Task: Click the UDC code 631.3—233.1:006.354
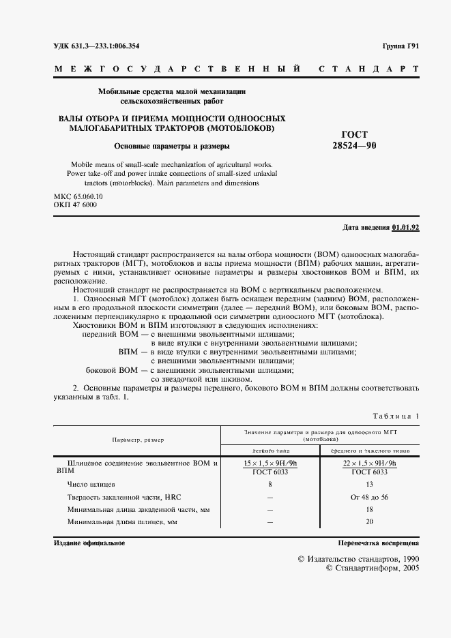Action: click(x=97, y=46)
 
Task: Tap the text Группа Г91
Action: click(x=401, y=46)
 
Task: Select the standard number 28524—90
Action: click(x=354, y=146)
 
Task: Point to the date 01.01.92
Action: click(x=406, y=227)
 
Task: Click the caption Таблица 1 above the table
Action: click(x=396, y=416)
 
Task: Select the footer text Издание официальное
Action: click(x=89, y=543)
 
